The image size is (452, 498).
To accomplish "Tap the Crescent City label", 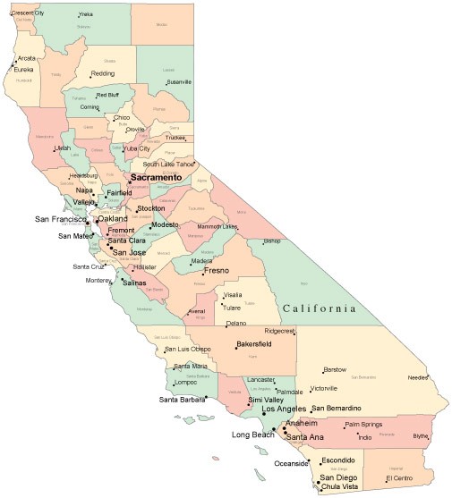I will coord(28,13).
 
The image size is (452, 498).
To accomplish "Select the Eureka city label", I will coord(23,69).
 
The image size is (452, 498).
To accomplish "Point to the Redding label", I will coord(102,73).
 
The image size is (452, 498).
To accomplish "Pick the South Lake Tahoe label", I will coord(167,164).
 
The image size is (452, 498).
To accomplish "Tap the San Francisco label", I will coord(59,219).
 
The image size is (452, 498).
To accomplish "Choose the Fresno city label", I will coord(216,270).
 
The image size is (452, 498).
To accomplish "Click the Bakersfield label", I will coord(253,343).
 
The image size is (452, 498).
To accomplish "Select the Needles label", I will coord(417,377).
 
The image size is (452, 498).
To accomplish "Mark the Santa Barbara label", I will coord(182,399).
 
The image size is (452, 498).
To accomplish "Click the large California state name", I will coord(326,308).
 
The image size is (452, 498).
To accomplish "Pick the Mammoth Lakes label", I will coord(217,227).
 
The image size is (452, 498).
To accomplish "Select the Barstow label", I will coord(334,369).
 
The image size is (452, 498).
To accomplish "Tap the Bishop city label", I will coord(271,241).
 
